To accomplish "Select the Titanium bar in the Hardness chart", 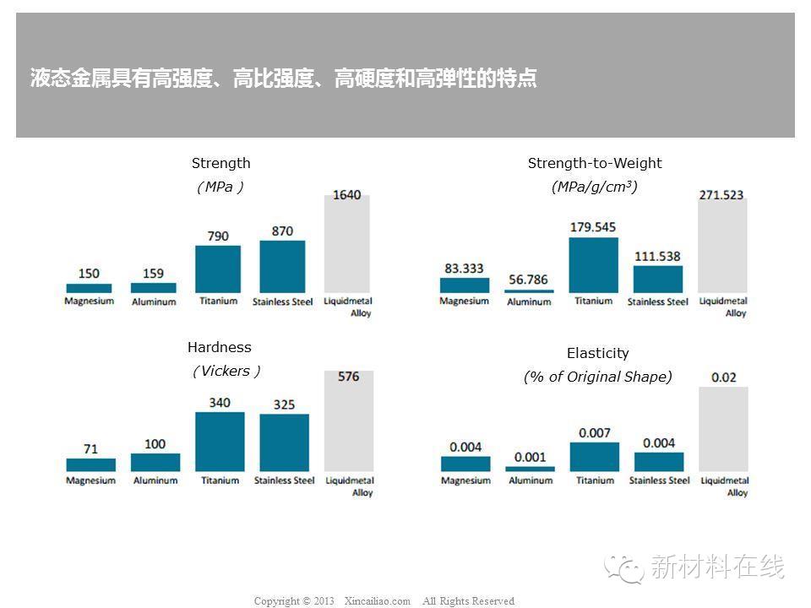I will (x=220, y=441).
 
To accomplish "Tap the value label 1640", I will (x=347, y=195).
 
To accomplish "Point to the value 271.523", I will (x=721, y=195).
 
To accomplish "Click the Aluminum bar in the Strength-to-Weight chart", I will (x=529, y=291).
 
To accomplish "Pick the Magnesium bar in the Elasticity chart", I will (x=465, y=464).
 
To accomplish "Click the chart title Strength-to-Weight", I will (x=595, y=163).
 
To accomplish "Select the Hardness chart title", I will (x=220, y=347).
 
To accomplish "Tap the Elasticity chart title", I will (x=598, y=353).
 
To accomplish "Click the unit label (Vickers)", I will (x=226, y=371).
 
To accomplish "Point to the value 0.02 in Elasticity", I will (x=724, y=377).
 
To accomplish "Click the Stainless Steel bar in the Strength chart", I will (x=282, y=266).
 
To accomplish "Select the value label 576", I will (x=348, y=377).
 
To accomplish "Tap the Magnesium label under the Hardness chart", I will (x=91, y=480).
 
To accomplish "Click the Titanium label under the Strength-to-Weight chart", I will (x=594, y=301).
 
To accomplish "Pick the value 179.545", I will (x=593, y=227).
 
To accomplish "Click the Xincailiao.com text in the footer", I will (x=378, y=601).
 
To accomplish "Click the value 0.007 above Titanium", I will (x=595, y=433).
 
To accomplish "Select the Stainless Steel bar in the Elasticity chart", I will (x=659, y=462).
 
